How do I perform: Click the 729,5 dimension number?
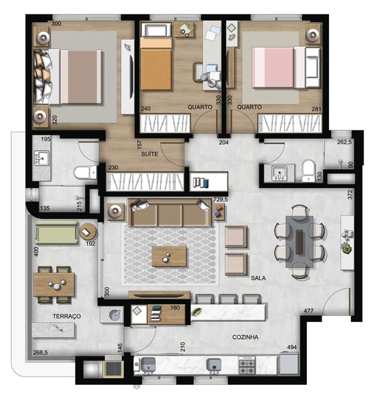[220, 199]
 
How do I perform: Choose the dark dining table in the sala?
[300, 239]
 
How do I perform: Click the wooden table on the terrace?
[53, 283]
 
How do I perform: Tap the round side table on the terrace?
[88, 230]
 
